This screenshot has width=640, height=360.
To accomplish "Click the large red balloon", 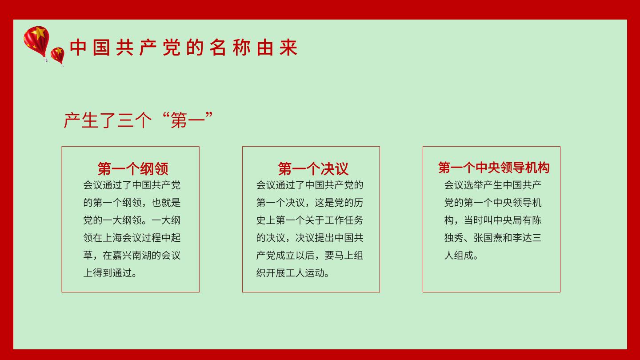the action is [x=36, y=42].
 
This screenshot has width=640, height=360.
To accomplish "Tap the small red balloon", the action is [x=57, y=55].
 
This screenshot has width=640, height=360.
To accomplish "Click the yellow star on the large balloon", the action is [x=40, y=33].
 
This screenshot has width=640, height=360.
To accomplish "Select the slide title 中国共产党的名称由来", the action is [x=184, y=48].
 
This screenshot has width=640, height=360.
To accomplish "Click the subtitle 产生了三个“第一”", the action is [x=138, y=120].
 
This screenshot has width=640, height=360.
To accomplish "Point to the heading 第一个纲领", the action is [x=133, y=168].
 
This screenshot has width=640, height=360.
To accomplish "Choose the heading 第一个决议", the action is [x=313, y=168].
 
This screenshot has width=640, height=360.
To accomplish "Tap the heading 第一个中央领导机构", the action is [x=494, y=168].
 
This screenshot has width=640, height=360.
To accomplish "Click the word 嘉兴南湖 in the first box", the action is [x=132, y=255].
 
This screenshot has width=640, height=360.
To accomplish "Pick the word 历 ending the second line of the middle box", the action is [x=358, y=203].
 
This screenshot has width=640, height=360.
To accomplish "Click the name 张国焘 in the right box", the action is [x=488, y=238].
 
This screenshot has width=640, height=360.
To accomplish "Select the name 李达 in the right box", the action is [x=522, y=238].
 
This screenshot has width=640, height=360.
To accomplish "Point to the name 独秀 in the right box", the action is [x=454, y=238].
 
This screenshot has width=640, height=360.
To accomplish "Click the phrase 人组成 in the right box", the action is [x=459, y=255].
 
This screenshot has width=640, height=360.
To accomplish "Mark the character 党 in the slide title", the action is [x=172, y=48].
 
